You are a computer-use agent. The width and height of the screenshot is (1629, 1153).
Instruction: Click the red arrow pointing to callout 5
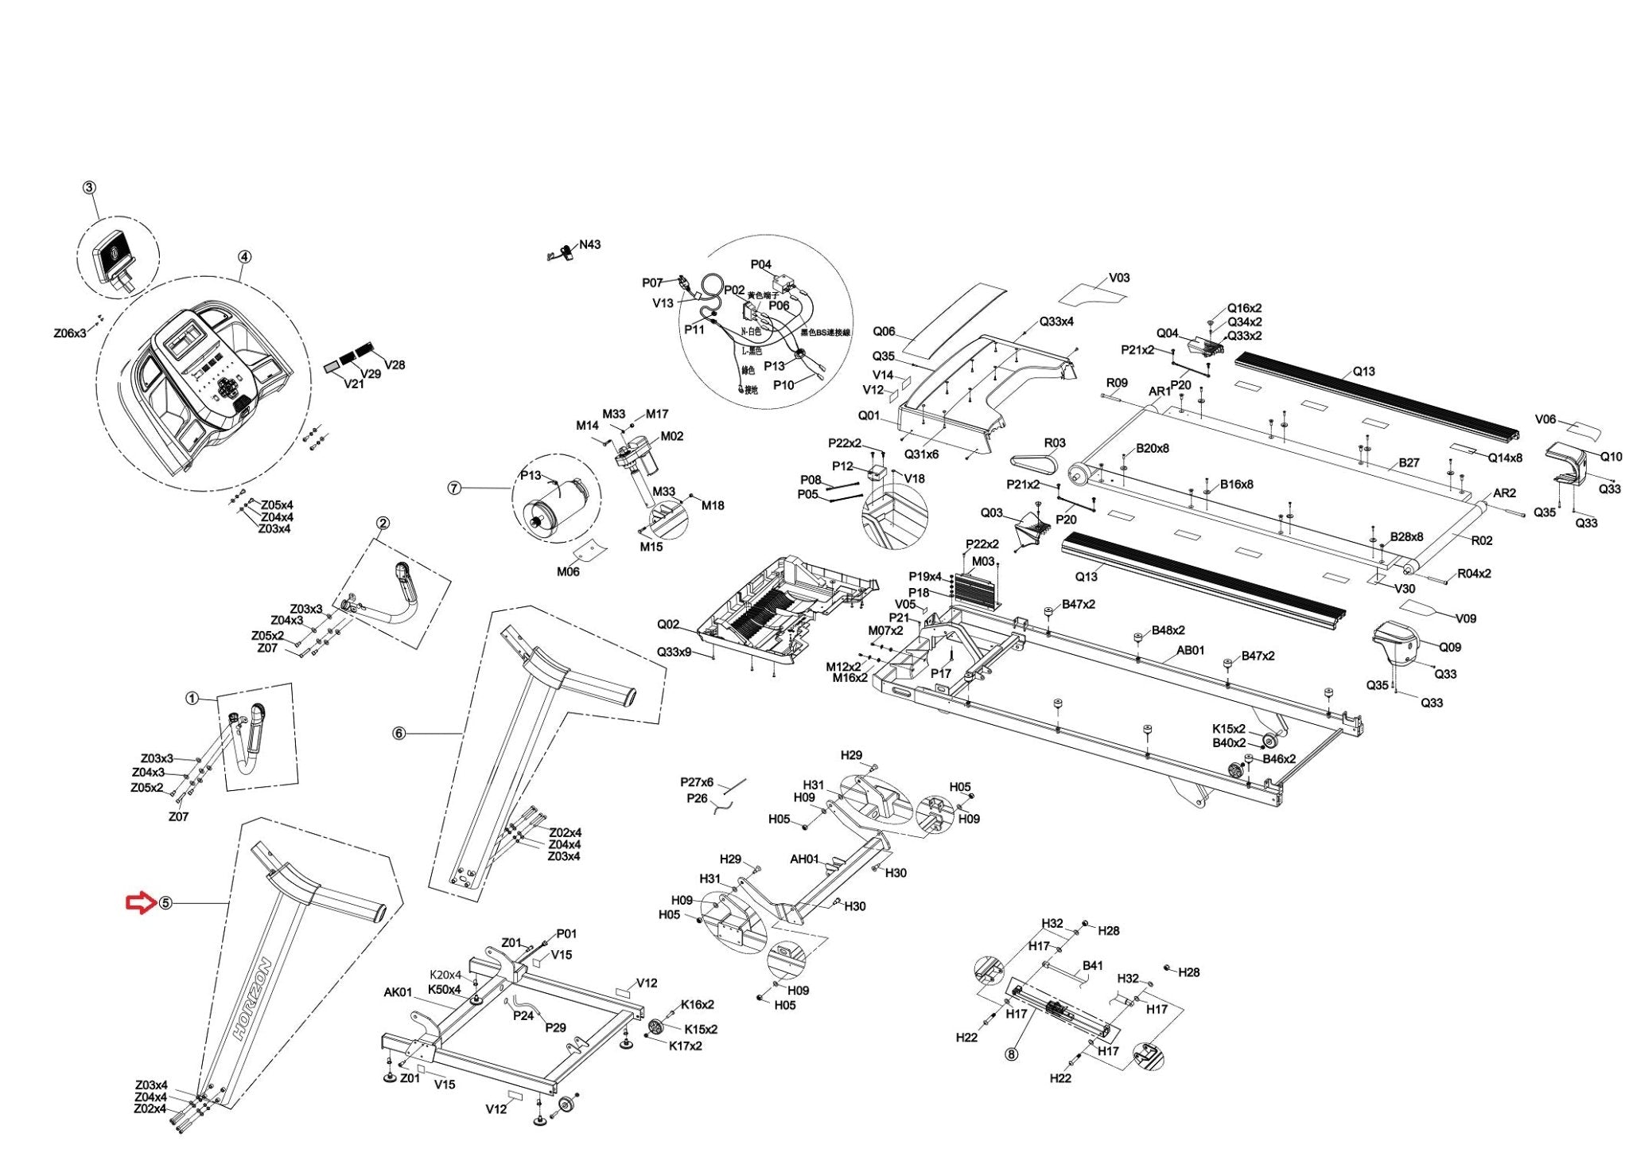(142, 902)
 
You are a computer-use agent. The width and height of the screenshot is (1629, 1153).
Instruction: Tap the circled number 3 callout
(89, 188)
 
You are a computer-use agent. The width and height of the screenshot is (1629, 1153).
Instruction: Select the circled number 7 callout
(454, 488)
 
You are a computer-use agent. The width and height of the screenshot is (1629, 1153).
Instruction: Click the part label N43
(589, 244)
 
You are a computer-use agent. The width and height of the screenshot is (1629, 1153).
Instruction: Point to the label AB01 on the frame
(1191, 650)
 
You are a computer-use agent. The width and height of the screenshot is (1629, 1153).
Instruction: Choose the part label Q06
(884, 332)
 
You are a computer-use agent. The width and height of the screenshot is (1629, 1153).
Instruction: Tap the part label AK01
(398, 992)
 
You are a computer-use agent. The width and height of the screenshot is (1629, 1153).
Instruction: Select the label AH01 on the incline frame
(804, 859)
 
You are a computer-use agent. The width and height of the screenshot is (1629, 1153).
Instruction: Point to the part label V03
(1119, 279)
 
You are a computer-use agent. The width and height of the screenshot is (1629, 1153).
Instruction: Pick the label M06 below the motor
(568, 571)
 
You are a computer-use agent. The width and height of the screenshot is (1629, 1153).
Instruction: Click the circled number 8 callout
(1011, 1055)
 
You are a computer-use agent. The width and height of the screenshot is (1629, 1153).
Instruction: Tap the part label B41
(1093, 966)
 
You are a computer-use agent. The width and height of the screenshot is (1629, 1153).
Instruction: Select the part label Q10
(1611, 457)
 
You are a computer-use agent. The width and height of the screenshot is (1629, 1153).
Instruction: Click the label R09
(1117, 383)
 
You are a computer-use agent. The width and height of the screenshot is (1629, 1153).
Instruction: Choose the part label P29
(555, 1027)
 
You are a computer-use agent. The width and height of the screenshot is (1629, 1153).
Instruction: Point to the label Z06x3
(70, 333)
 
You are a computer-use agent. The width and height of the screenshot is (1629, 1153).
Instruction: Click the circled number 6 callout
(399, 733)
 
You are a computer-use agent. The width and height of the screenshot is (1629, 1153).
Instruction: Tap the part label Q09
(1450, 647)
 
